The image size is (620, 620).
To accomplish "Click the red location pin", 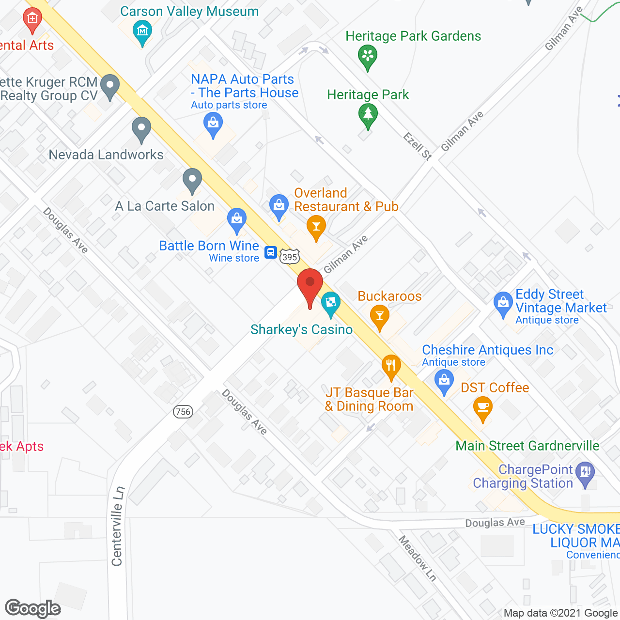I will [310, 286].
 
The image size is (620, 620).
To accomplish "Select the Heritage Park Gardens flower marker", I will [368, 56].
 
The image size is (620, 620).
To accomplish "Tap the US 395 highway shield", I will [290, 257].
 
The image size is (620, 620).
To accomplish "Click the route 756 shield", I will [183, 412].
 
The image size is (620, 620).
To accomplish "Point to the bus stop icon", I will [270, 252].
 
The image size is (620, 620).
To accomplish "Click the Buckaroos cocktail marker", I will [380, 316].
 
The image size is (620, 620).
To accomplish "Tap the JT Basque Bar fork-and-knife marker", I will [391, 367].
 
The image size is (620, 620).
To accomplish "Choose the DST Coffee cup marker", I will [482, 408].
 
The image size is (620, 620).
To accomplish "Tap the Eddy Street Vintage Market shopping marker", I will [503, 304].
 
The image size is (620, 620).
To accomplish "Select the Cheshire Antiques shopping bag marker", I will [444, 381].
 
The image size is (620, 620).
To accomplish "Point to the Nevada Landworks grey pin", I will [141, 129].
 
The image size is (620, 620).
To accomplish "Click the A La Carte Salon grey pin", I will [192, 180].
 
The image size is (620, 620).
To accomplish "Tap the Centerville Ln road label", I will [117, 526].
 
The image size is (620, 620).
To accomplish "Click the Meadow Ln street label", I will [418, 558].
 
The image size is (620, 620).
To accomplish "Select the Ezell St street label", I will [418, 146].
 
